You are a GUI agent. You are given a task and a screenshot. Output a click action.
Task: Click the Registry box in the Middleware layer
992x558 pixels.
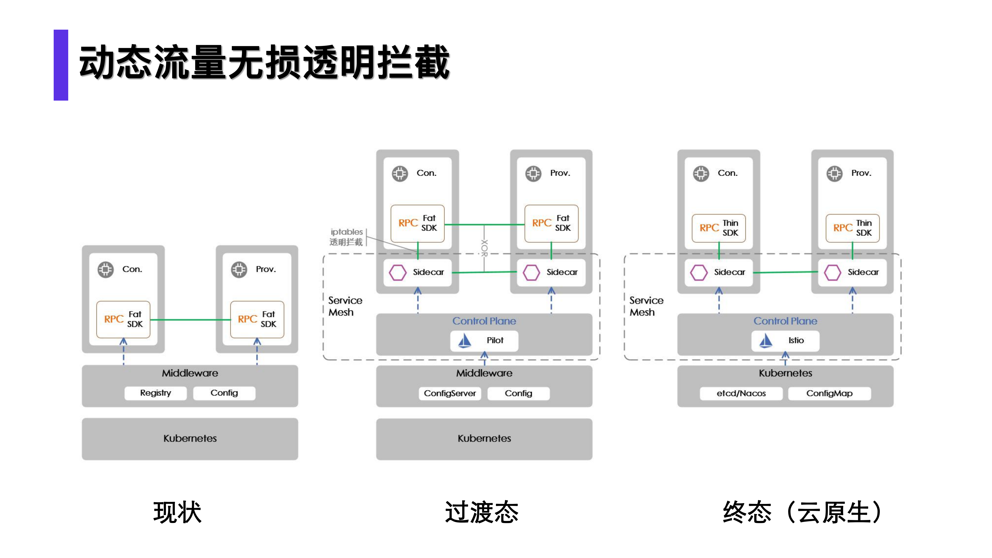(156, 393)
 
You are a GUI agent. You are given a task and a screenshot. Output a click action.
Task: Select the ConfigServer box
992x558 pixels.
(450, 393)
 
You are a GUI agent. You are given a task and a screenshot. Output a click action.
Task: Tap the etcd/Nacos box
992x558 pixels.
(741, 393)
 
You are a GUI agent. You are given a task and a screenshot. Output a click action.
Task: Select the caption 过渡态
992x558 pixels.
(482, 512)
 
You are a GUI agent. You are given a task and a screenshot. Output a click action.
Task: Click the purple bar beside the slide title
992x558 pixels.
(61, 65)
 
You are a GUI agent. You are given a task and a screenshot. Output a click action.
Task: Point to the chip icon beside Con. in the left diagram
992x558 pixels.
(105, 270)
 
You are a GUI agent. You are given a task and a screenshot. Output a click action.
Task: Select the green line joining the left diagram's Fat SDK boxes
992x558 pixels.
(190, 320)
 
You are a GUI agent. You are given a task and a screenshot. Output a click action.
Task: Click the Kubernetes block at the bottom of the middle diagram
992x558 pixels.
(484, 439)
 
